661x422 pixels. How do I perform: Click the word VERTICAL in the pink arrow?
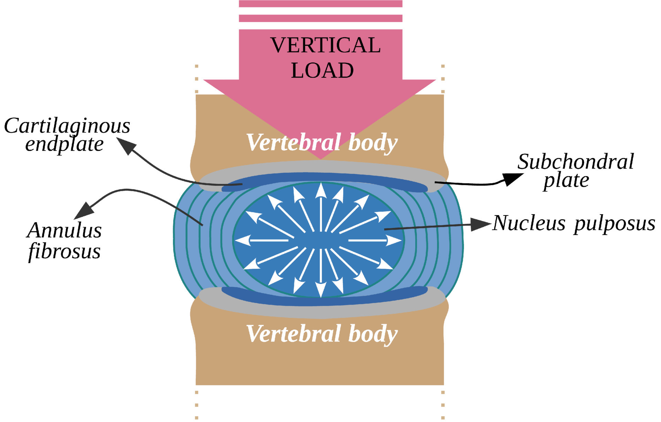(x=325, y=45)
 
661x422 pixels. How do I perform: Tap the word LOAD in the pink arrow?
(x=322, y=71)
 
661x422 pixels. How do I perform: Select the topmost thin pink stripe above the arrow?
(x=321, y=4)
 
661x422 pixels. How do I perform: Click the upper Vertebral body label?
(x=322, y=142)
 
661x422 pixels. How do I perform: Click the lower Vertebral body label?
(x=322, y=334)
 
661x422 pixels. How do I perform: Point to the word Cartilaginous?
(x=67, y=126)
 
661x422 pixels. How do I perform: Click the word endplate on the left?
(x=64, y=144)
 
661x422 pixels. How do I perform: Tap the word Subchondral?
(x=575, y=161)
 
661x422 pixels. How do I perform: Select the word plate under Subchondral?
(x=566, y=180)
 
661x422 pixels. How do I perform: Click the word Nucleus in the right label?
(x=529, y=223)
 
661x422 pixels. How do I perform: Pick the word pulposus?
(x=614, y=224)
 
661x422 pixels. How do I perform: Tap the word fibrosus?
(x=64, y=251)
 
